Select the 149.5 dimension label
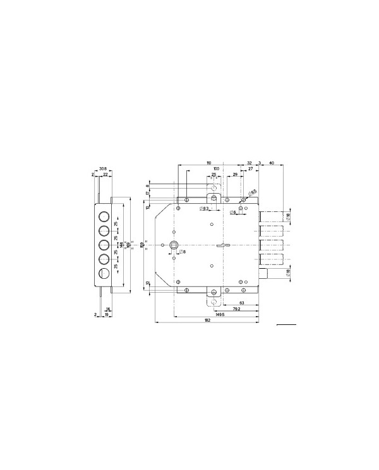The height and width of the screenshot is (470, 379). [x=219, y=314]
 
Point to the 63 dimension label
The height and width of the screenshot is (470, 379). [x=242, y=303]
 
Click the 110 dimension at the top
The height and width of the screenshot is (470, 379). [x=208, y=162]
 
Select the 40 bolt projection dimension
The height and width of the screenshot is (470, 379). [x=271, y=162]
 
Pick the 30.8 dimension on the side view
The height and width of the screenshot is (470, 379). [x=102, y=169]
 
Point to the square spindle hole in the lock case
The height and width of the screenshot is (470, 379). [x=174, y=245]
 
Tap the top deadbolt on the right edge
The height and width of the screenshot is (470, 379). [x=271, y=216]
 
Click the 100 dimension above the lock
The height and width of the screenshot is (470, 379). [x=216, y=169]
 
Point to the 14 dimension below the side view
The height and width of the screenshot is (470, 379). [x=108, y=308]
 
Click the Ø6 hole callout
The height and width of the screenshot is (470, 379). [x=233, y=213]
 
